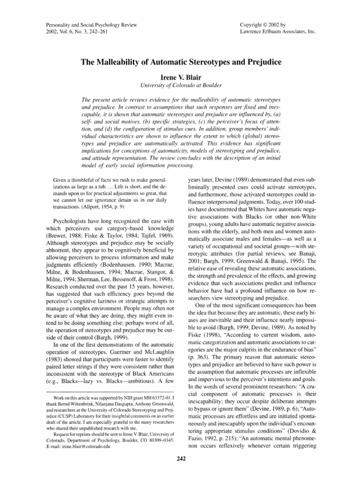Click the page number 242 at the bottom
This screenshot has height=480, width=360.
(180, 458)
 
